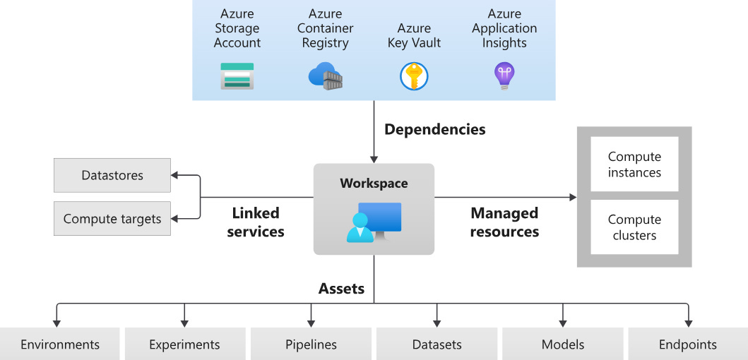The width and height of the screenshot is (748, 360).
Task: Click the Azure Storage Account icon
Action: click(237, 76)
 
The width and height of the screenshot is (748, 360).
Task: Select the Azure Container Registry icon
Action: click(325, 76)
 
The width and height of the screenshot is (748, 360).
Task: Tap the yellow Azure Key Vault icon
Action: click(414, 76)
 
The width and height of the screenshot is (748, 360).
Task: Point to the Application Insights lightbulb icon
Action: click(504, 76)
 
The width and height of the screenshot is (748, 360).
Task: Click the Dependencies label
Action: click(434, 129)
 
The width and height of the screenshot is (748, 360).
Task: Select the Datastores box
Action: click(112, 175)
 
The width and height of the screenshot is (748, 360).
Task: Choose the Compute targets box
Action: click(112, 219)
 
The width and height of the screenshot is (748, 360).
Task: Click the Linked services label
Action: click(256, 222)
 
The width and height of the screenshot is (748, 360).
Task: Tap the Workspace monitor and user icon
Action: click(374, 222)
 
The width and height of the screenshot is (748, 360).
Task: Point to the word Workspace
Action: click(374, 184)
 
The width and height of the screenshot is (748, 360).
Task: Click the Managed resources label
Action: click(504, 222)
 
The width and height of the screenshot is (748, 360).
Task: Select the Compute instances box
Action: click(634, 165)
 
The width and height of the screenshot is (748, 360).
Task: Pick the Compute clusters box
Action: click(634, 227)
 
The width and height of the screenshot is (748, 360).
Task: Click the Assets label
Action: click(341, 288)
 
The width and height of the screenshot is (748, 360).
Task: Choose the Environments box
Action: click(60, 344)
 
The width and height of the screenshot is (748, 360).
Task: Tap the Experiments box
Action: click(185, 344)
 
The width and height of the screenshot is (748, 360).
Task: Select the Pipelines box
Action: click(311, 344)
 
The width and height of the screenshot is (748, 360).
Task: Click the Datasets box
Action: click(437, 344)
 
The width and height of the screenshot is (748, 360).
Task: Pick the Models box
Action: click(563, 344)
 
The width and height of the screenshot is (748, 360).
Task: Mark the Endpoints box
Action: click(687, 344)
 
